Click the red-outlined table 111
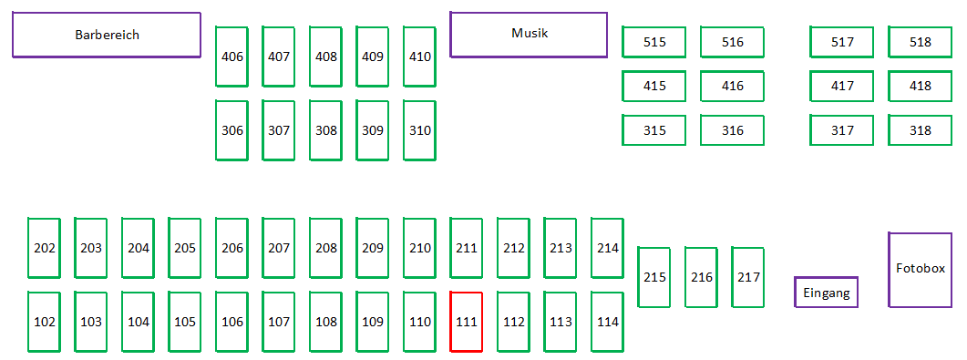coord(467,322)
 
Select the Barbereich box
coord(107,36)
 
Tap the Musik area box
coord(530,36)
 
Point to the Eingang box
coord(827,293)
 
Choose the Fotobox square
coord(921,270)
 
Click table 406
coord(231,57)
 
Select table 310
coord(420,130)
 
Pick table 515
coord(654,42)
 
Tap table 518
coord(921,42)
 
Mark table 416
coord(733,87)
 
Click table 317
coord(842,130)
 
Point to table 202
coord(45,249)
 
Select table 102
coord(45,322)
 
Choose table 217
coord(748,277)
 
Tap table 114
coord(608,322)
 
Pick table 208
coord(325,249)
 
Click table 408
coord(325,57)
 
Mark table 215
coord(654,277)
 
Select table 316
coord(733,130)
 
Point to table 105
coord(185,322)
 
